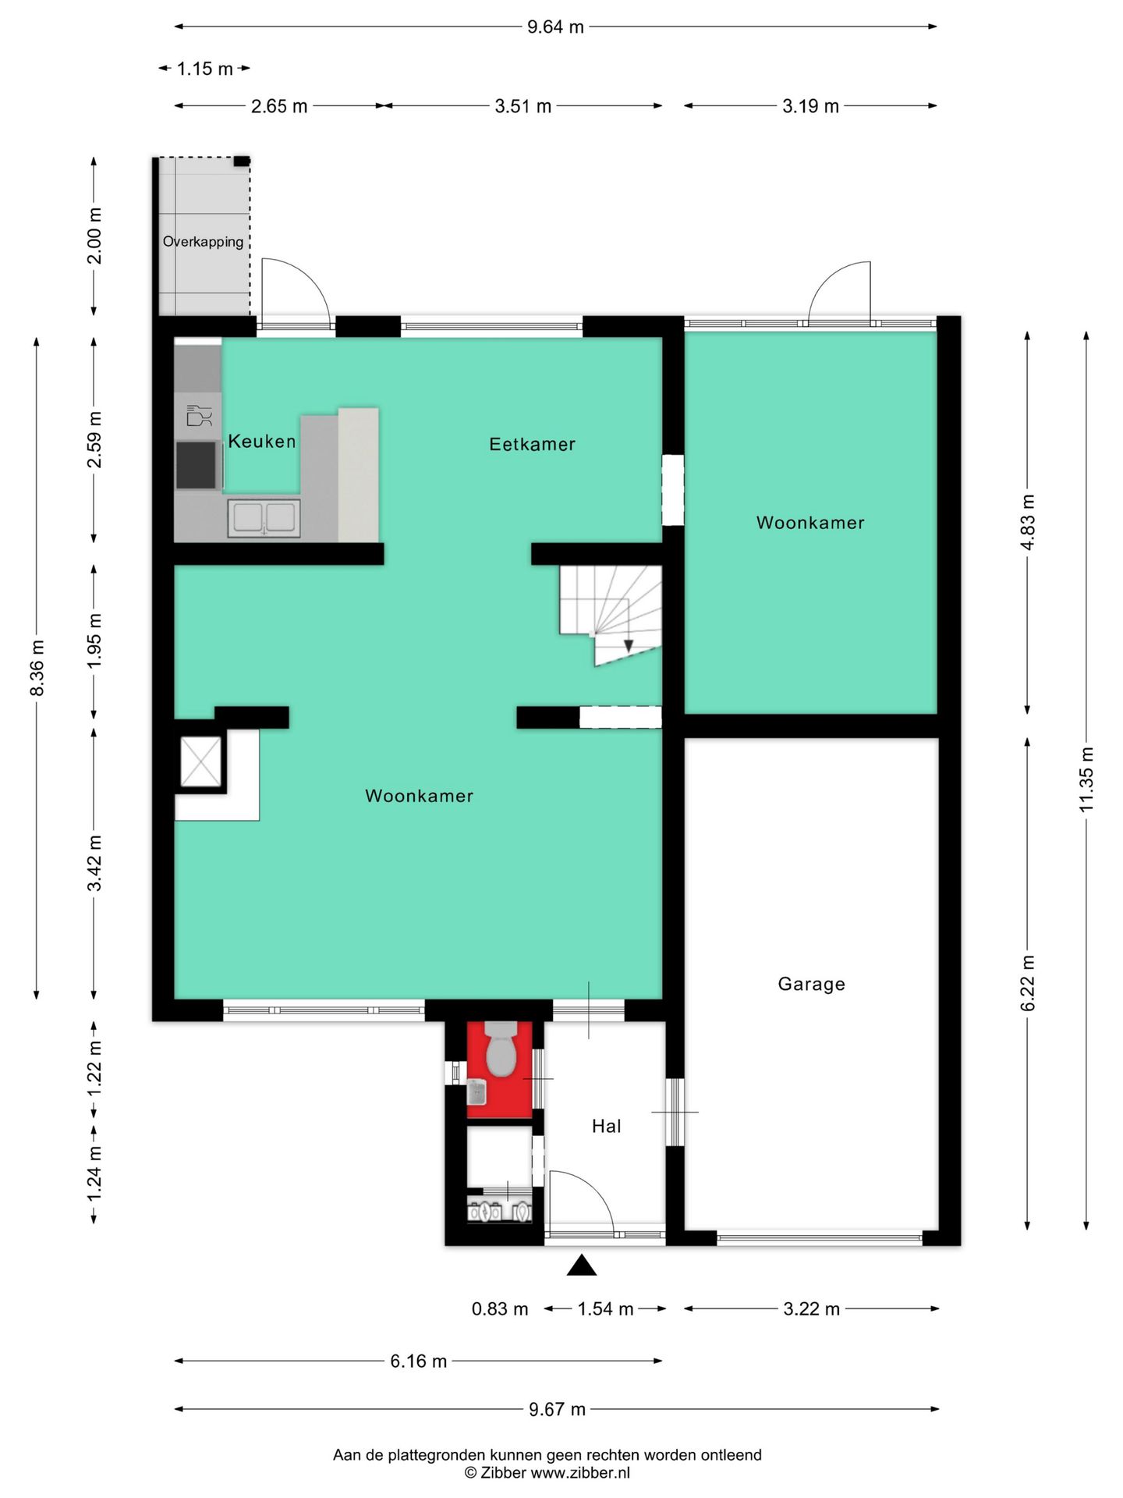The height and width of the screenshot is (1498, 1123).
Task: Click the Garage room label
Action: [811, 984]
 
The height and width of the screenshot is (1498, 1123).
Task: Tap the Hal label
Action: [607, 1126]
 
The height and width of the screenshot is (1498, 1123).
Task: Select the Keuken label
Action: [262, 442]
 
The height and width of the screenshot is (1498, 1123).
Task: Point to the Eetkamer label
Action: [532, 444]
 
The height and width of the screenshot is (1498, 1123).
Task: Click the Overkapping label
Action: [203, 242]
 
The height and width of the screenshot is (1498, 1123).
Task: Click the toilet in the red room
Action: [501, 1049]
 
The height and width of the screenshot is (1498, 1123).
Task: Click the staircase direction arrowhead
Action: [629, 646]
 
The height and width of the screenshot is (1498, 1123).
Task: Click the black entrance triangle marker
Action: [582, 1265]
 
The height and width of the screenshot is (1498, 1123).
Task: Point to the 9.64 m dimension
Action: [555, 27]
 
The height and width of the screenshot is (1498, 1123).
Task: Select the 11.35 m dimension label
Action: [1087, 779]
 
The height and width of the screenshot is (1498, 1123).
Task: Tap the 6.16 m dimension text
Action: [419, 1361]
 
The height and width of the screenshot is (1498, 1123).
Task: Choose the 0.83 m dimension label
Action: [500, 1309]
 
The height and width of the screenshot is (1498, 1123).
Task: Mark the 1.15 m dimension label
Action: [204, 69]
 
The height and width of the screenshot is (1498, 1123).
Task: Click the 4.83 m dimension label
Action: [1028, 522]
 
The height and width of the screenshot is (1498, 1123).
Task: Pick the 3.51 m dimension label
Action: [523, 106]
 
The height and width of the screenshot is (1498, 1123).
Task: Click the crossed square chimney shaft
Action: [201, 761]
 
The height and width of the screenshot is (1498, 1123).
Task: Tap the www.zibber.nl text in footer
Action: [580, 1473]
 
